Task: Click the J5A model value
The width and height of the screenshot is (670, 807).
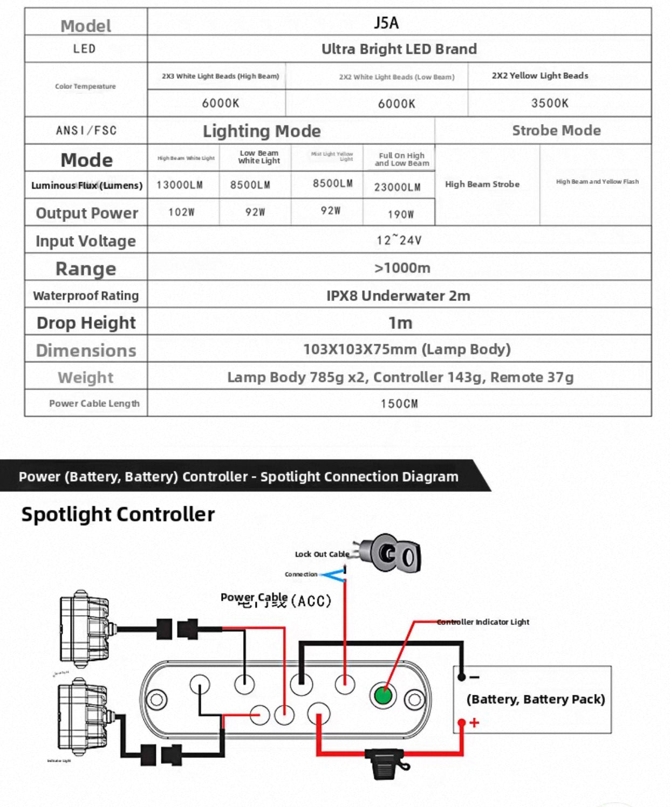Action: coord(386,23)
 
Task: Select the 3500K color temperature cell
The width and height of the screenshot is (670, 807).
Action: coord(550,103)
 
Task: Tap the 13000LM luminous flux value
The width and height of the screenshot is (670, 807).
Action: coord(180,185)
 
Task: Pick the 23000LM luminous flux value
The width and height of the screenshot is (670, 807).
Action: coord(398,187)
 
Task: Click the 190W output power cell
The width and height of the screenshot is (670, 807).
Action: coord(401,214)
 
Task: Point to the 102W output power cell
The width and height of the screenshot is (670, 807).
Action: coord(181,212)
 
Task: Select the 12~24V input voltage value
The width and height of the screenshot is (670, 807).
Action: coord(399,240)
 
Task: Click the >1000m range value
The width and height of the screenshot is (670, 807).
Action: coord(402,268)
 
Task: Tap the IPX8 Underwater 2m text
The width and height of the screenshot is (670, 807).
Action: coord(398,295)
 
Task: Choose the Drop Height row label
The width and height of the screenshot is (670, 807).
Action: coord(86,322)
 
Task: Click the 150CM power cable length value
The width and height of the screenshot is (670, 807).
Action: coord(399,403)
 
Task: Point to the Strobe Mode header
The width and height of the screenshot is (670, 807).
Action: coord(556,130)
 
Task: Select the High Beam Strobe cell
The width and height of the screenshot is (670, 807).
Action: coord(482,184)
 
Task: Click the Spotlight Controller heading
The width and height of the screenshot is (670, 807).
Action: coord(118,514)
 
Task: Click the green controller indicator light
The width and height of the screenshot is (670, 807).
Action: coord(383,695)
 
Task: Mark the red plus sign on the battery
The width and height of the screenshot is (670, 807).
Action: coord(474,722)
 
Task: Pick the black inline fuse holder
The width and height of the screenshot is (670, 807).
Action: coord(386,762)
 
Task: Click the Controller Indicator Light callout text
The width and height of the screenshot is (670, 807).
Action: coord(483,622)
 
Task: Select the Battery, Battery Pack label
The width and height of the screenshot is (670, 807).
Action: coord(536,699)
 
